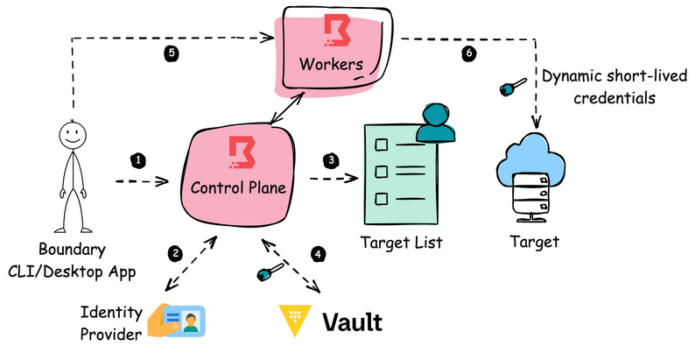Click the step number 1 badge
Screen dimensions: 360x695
[137, 159]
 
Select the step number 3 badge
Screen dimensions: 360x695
[331, 160]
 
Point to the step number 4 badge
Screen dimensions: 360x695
[319, 254]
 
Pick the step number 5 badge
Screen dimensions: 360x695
[172, 53]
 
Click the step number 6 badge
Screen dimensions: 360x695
[469, 53]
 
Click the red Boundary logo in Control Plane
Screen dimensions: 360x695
[238, 152]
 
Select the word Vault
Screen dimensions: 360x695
[352, 321]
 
